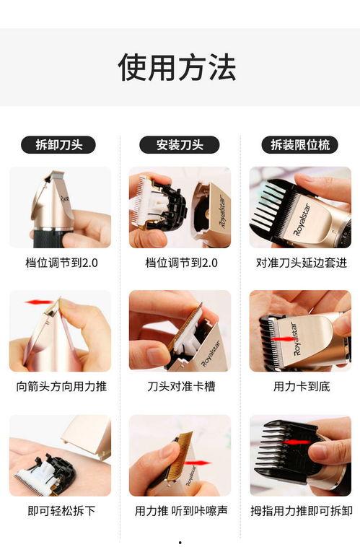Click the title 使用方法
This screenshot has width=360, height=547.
(177, 67)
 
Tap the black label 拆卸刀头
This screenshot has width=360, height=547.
(59, 144)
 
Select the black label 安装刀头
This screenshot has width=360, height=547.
(180, 144)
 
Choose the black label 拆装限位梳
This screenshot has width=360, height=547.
(299, 144)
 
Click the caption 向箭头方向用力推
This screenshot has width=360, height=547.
(61, 386)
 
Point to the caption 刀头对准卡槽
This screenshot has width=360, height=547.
(180, 386)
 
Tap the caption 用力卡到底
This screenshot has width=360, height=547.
(301, 386)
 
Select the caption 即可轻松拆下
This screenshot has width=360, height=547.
(61, 510)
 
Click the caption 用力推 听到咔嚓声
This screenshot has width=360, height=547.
(180, 510)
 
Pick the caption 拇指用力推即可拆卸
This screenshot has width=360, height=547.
(301, 510)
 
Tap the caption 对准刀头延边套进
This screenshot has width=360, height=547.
(301, 263)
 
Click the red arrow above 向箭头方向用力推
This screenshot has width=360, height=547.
(40, 302)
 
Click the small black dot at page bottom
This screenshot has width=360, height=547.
(180, 542)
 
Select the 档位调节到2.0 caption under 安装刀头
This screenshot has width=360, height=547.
(180, 263)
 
